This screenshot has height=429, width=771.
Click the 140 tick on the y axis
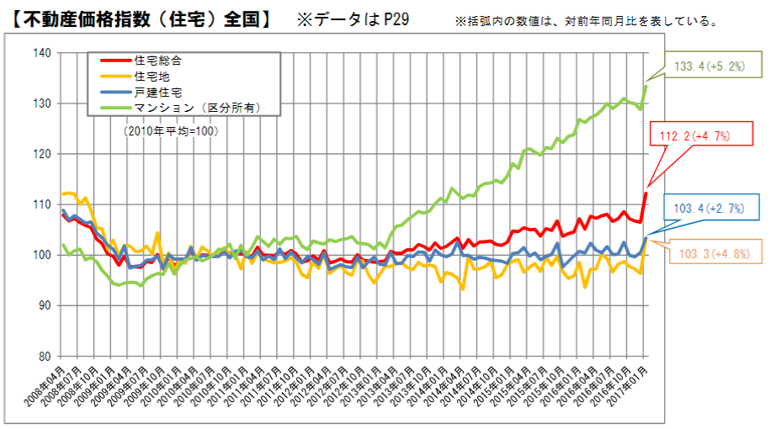(41, 53)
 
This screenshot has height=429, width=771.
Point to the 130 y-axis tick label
(41, 103)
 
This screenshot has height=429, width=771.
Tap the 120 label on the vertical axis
(41, 154)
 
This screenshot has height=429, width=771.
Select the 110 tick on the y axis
(41, 204)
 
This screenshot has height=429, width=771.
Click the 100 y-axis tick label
(41, 255)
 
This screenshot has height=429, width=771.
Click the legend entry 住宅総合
(157, 61)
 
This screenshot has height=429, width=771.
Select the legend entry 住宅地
(152, 77)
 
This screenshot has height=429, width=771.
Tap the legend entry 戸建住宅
(157, 92)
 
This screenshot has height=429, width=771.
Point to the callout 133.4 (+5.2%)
(710, 66)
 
